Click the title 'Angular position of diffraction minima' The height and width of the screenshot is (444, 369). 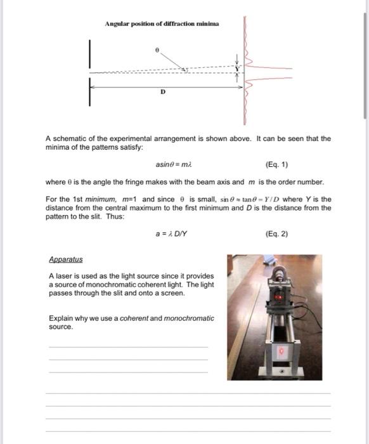pos(162,23)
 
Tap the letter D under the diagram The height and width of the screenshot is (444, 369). pos(162,92)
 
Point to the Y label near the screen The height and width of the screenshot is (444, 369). pos(238,68)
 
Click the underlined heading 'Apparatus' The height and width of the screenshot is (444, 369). pos(65,259)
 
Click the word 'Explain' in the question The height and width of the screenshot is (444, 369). pos(60,318)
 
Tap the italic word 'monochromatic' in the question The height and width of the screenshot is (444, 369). pos(189,318)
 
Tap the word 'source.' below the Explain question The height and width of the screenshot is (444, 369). pos(61,327)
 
